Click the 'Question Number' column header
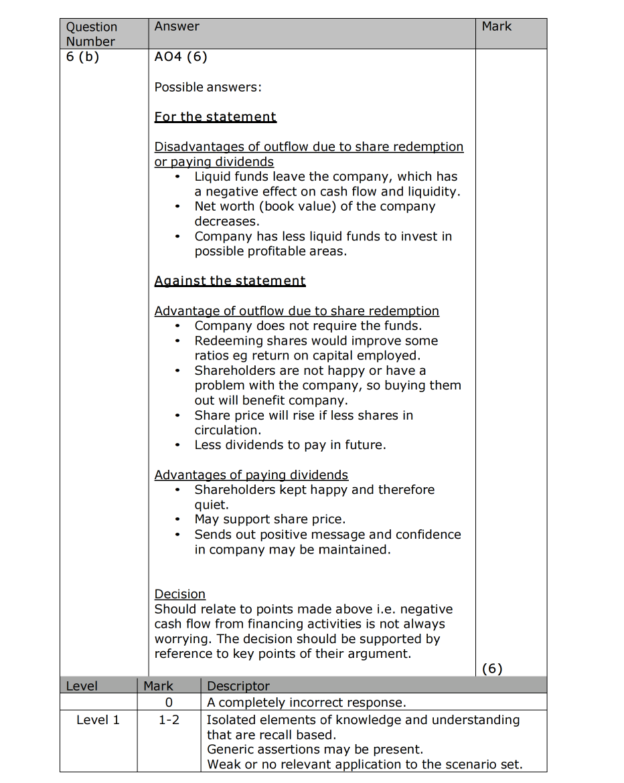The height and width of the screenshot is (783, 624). tap(91, 34)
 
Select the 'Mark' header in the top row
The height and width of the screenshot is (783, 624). tap(496, 27)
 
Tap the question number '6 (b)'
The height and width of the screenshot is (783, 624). tap(82, 57)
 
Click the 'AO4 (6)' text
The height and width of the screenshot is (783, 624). tap(181, 57)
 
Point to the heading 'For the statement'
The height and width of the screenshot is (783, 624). tap(215, 117)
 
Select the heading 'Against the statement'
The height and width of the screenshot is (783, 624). tap(230, 281)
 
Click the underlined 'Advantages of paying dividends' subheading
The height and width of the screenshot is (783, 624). tap(251, 475)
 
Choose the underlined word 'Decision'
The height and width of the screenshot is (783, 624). tap(179, 594)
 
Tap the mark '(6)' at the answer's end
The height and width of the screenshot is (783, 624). tap(492, 669)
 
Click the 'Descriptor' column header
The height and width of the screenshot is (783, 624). tap(238, 686)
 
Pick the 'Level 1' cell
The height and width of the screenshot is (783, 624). tap(98, 720)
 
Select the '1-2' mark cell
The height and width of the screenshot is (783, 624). tap(169, 720)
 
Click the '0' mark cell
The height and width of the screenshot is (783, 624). tap(169, 703)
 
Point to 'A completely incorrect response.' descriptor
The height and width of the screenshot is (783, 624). tap(306, 703)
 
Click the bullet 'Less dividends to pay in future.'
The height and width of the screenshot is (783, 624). tap(290, 445)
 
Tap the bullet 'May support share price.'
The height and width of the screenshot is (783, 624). tap(270, 519)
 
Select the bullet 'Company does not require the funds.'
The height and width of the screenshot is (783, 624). tap(308, 326)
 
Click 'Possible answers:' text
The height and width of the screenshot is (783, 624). tap(208, 87)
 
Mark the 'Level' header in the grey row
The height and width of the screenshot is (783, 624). tap(82, 686)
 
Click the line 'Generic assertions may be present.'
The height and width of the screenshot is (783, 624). tap(315, 750)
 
